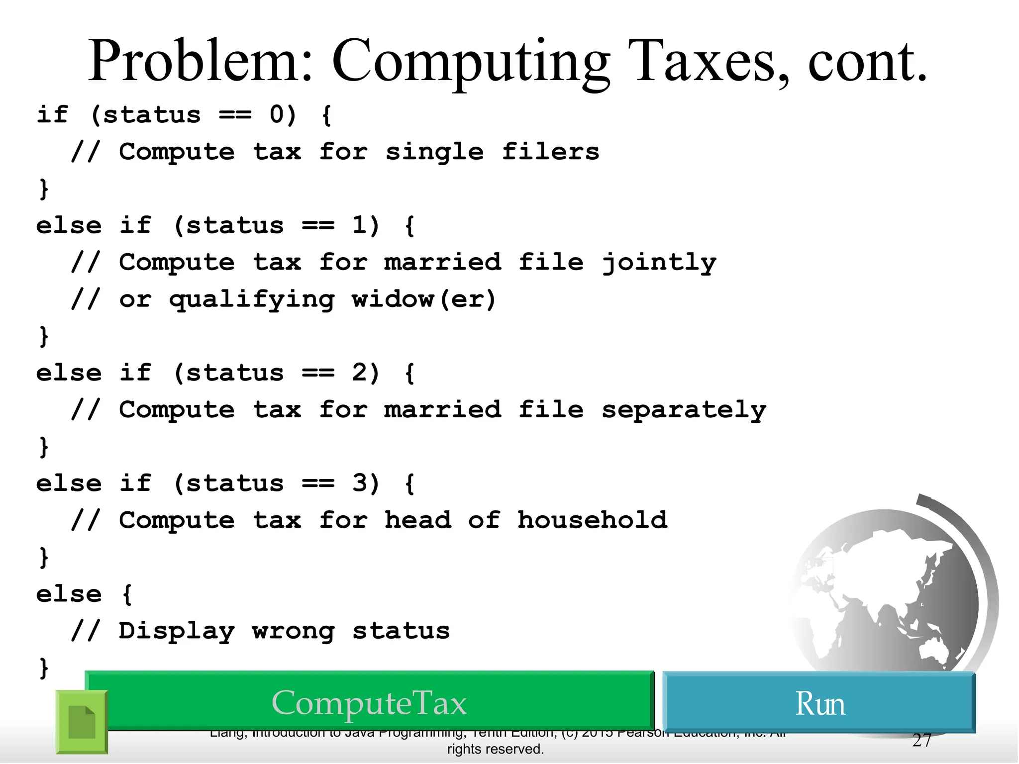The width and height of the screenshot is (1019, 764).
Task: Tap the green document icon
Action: [x=82, y=722]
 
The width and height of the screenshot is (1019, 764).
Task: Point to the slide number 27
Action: [x=921, y=741]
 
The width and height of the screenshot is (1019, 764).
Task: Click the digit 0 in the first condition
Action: [x=277, y=115]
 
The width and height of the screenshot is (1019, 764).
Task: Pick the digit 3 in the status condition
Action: [x=359, y=483]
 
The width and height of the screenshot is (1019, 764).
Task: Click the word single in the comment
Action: [x=434, y=152]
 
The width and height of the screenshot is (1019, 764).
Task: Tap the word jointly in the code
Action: [x=659, y=263]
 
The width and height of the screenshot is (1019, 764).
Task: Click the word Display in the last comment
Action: [x=176, y=631]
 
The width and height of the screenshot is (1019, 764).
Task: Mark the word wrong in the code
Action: [x=293, y=631]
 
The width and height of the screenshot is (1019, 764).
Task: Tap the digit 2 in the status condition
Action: [x=359, y=373]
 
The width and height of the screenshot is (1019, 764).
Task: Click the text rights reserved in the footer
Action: [x=495, y=749]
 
